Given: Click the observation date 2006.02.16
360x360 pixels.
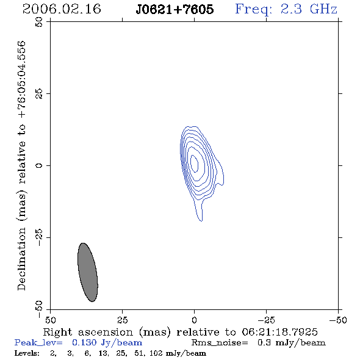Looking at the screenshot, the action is tap(62, 9).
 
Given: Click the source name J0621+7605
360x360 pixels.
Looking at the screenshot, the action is tap(175, 10).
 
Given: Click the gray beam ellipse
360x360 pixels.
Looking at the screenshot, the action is tap(88, 272).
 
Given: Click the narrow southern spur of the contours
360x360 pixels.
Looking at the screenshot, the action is tap(199, 211).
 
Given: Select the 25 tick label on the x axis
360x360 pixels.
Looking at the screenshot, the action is tap(122, 320).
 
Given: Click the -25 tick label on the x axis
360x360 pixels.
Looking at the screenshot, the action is tap(266, 320).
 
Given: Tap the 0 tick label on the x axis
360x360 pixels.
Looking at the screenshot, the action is tap(194, 320).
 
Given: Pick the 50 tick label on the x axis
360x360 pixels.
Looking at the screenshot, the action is tap(50, 320).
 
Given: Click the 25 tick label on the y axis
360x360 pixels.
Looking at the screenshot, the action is tap(39, 94).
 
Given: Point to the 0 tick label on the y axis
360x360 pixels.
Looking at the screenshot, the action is tap(39, 165).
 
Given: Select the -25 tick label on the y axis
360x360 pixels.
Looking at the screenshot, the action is tap(39, 237).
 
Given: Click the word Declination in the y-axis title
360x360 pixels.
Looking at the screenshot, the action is tap(21, 259).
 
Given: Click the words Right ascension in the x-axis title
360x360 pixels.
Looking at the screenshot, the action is tap(88, 333).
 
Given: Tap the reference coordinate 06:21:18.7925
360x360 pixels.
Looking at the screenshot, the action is tap(279, 332).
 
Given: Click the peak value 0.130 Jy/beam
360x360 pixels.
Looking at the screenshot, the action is tap(107, 343).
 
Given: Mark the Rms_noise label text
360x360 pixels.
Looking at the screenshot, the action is tap(220, 343).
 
